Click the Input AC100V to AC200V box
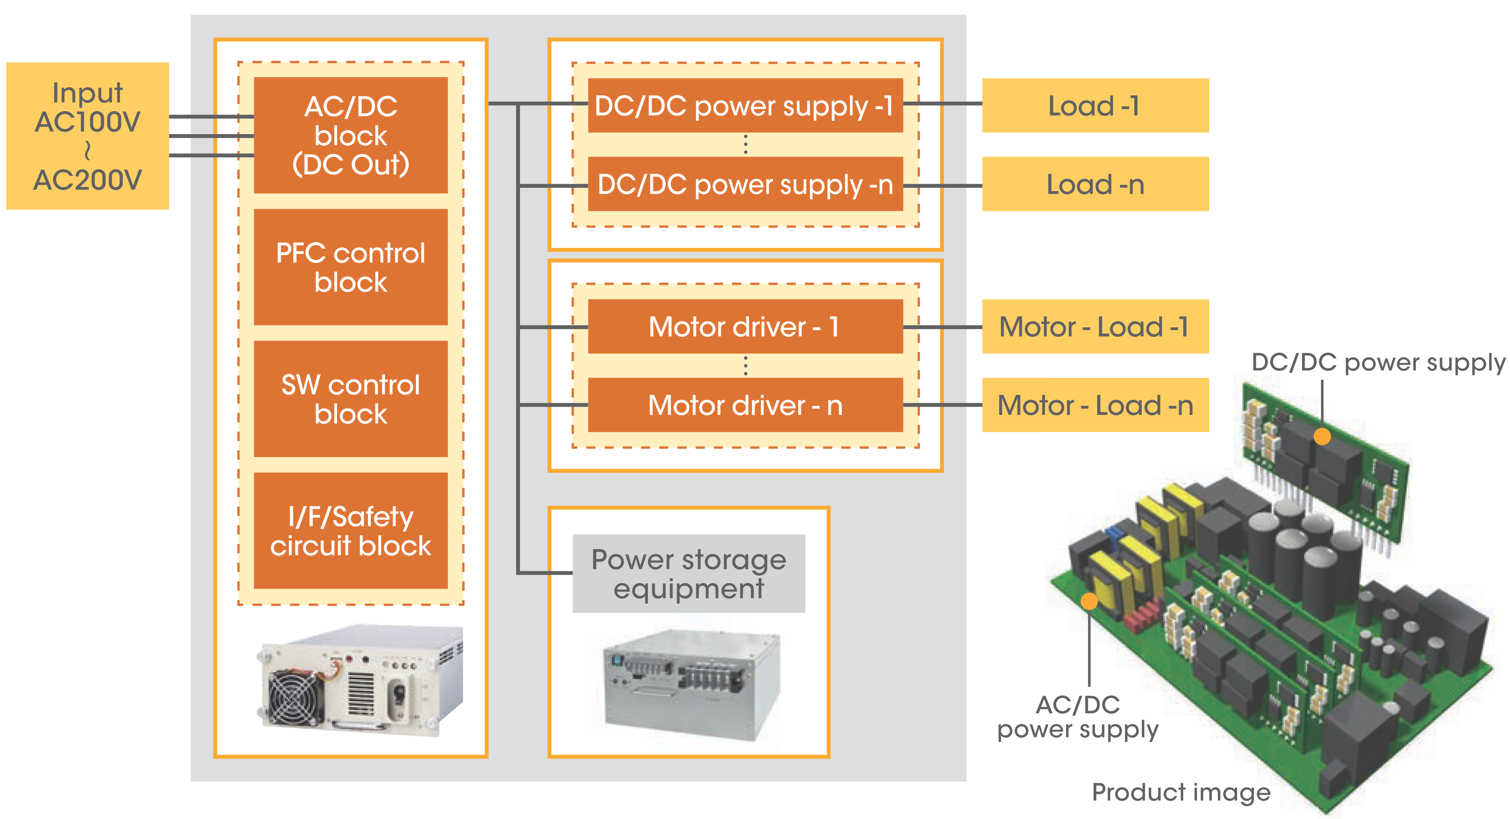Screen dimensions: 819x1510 click(x=87, y=136)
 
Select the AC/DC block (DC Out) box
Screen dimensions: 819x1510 click(x=350, y=135)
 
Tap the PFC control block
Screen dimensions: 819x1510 click(x=350, y=267)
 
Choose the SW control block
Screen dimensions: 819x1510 click(x=350, y=399)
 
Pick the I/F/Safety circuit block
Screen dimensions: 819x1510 click(x=350, y=531)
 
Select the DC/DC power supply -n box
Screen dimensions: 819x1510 click(x=745, y=184)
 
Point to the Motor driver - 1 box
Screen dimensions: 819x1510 click(x=745, y=327)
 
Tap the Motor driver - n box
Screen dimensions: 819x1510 click(x=745, y=405)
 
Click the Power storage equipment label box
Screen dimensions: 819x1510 click(x=689, y=574)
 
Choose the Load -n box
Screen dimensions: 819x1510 click(x=1095, y=184)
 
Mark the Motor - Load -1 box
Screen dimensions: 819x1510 click(x=1095, y=327)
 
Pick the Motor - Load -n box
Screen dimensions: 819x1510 click(x=1095, y=405)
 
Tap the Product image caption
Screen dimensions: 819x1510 click(x=1180, y=792)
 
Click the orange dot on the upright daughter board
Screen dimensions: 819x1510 click(x=1322, y=437)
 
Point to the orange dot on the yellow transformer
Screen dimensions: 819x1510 click(x=1089, y=601)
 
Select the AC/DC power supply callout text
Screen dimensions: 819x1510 click(x=1077, y=717)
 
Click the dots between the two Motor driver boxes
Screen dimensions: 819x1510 click(x=745, y=366)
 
